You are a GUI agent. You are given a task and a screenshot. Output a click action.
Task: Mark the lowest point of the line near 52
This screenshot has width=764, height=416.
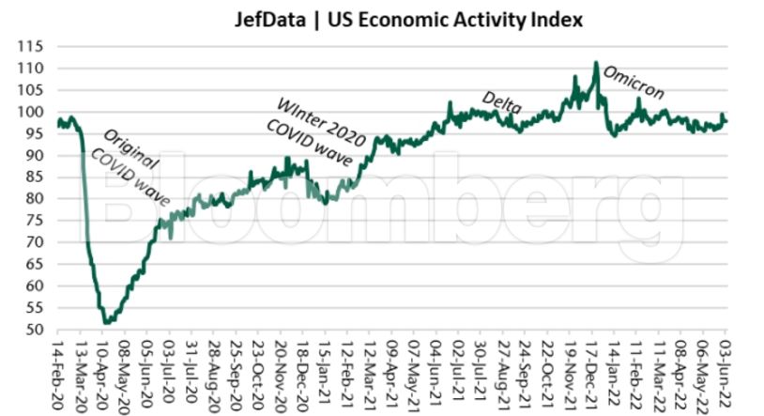point(106,322)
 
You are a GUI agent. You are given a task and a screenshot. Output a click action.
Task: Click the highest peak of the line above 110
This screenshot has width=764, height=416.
point(596,63)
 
